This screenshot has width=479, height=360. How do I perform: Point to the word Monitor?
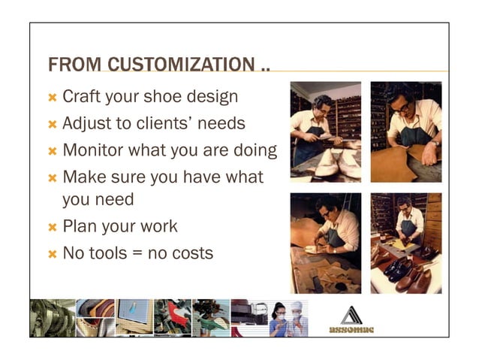[95, 149]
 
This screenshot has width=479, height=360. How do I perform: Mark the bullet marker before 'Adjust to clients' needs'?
[52, 123]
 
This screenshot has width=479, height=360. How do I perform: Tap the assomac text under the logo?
[351, 329]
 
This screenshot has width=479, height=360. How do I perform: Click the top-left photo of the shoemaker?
[326, 132]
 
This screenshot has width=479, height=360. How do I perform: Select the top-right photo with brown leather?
[406, 132]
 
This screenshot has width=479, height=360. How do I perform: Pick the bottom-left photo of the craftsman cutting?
[326, 243]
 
